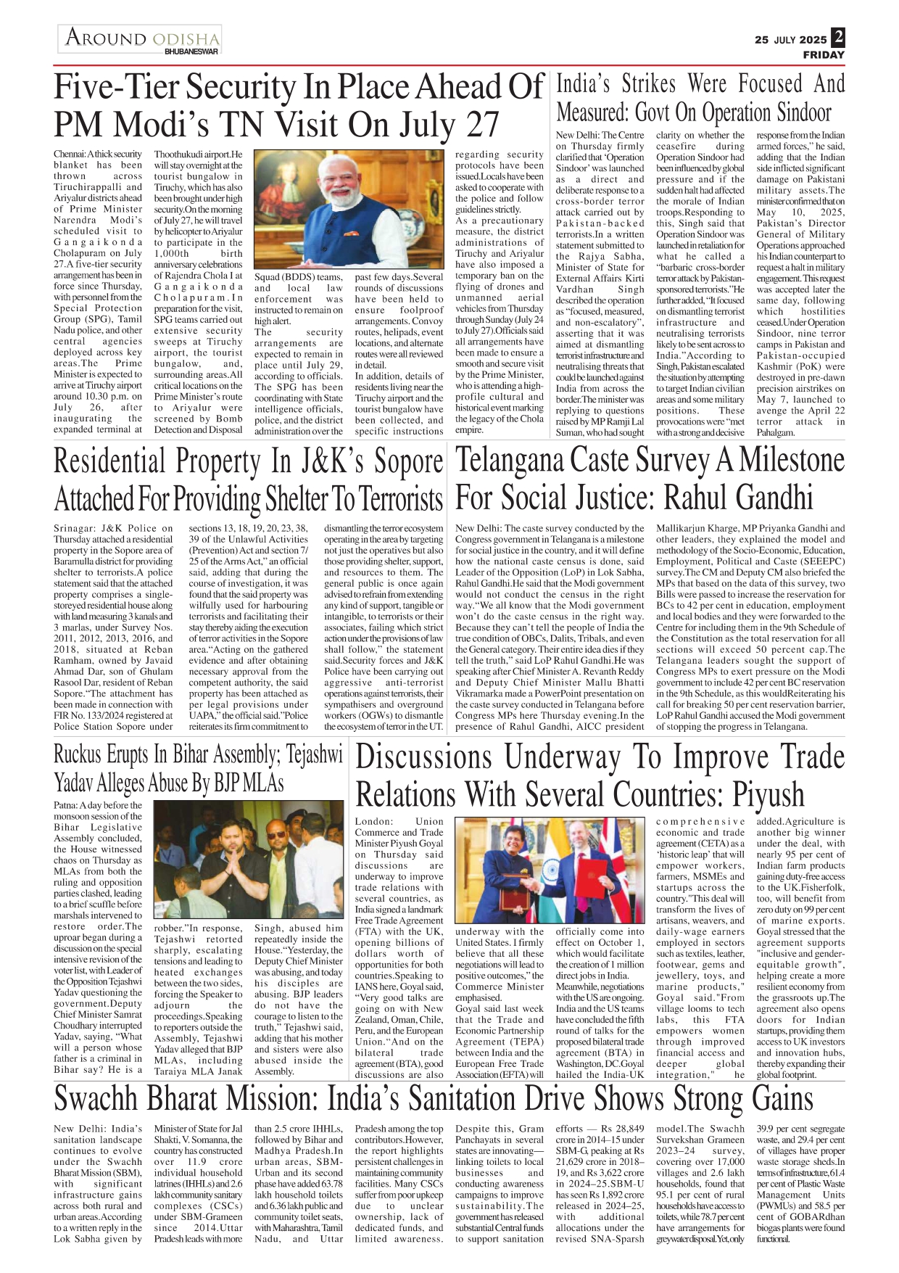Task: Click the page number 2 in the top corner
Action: coord(838,37)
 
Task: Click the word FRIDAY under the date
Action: coord(824,55)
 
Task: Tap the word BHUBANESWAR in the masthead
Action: coord(191,52)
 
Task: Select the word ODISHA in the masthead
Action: coord(186,38)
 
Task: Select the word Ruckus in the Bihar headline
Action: coord(78,755)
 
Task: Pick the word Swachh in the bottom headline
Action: coord(96,1100)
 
